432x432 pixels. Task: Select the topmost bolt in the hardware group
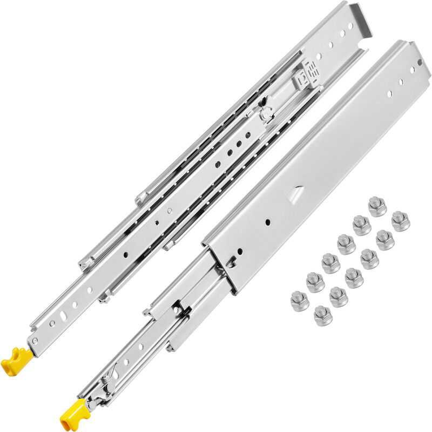(x=376, y=206)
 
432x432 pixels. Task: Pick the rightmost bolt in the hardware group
(x=400, y=220)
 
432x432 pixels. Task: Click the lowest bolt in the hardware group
(x=323, y=315)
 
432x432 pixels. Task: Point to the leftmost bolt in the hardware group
(x=300, y=300)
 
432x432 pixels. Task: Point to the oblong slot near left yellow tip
(x=64, y=315)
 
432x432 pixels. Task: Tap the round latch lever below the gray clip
(x=265, y=114)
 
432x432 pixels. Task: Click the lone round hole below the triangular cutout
(x=268, y=222)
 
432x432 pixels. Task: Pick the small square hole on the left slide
(x=157, y=221)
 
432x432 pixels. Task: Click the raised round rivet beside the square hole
(x=169, y=211)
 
